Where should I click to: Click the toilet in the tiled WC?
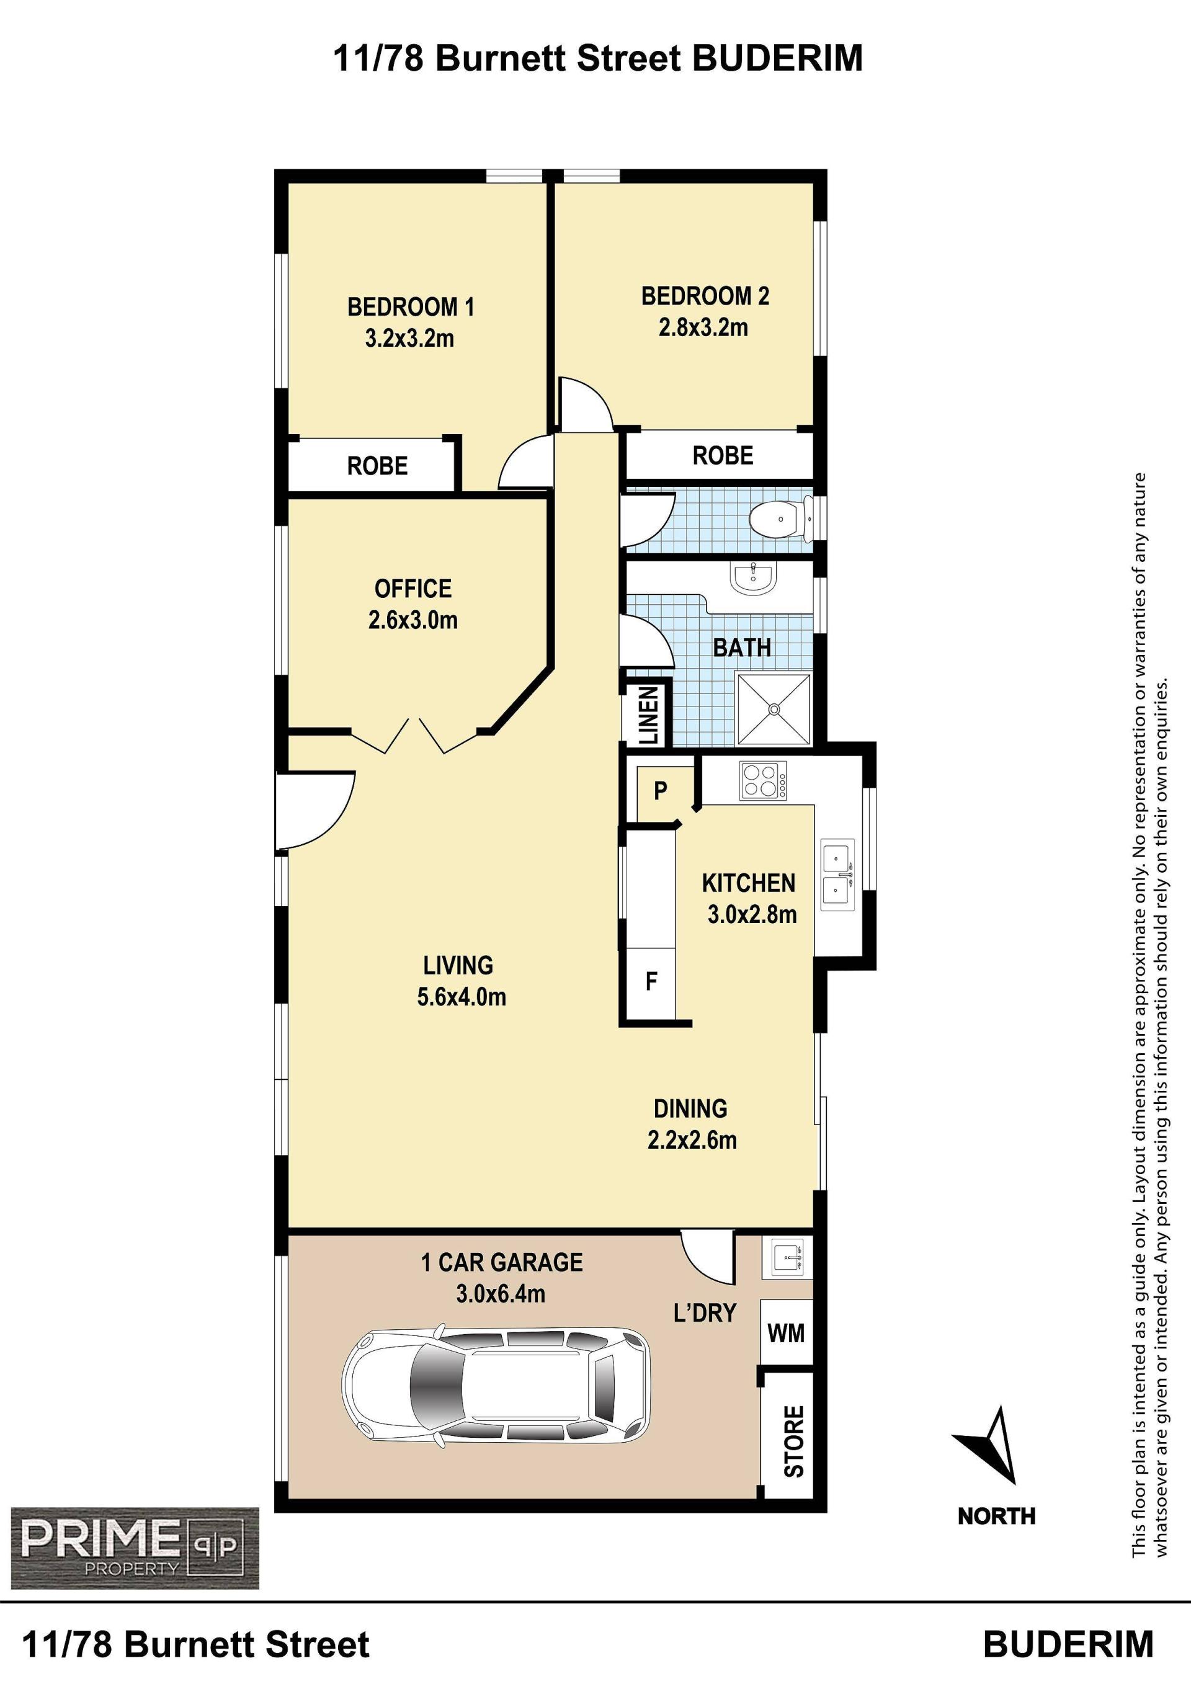click(782, 518)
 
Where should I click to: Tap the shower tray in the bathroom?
click(774, 708)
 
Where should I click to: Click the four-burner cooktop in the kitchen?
click(764, 780)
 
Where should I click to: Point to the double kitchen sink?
click(837, 875)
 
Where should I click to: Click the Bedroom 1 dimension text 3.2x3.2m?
click(409, 339)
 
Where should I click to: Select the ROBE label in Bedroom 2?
click(723, 455)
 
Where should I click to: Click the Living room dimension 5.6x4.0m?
click(462, 997)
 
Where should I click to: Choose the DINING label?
click(690, 1108)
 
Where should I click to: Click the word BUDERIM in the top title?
click(777, 58)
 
